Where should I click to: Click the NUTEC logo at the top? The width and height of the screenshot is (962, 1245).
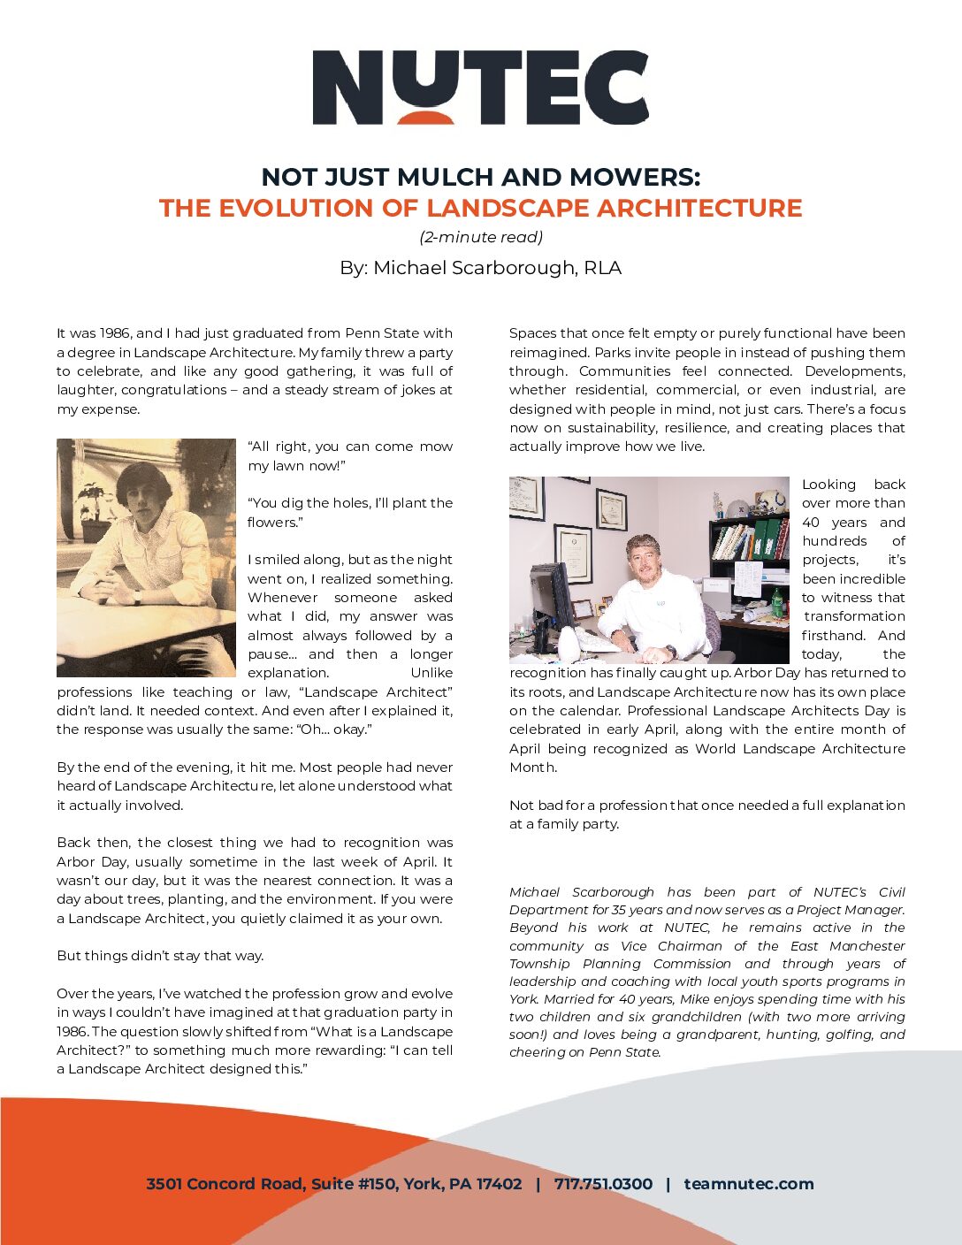480,87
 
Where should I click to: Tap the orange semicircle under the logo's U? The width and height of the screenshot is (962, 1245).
425,117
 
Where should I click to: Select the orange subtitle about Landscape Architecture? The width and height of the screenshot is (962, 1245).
480,209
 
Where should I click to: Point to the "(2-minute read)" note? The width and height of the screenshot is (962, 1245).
480,237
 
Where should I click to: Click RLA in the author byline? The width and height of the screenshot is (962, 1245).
602,268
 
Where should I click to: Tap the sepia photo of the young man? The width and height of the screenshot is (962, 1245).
146,557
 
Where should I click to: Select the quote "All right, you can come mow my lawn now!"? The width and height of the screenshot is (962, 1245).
349,456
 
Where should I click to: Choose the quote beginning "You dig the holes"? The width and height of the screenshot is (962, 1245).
349,513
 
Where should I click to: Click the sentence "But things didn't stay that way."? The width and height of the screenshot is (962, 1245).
160,956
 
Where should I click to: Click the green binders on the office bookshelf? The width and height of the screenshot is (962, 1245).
762,538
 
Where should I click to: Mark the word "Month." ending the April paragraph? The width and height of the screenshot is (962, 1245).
533,768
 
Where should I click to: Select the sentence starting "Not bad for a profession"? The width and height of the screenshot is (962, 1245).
706,814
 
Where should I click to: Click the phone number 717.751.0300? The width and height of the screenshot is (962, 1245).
603,1184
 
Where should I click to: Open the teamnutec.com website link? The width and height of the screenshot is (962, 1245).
748,1184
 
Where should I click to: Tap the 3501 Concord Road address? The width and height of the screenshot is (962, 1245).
333,1184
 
